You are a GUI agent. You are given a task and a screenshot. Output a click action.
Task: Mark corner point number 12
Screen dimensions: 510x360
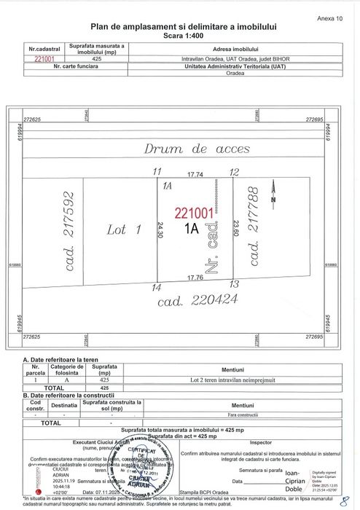(233, 173)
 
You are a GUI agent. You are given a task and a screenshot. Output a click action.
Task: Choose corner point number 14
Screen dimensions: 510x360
(155, 289)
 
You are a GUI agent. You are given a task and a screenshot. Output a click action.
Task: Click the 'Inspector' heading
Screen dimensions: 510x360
(260, 442)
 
